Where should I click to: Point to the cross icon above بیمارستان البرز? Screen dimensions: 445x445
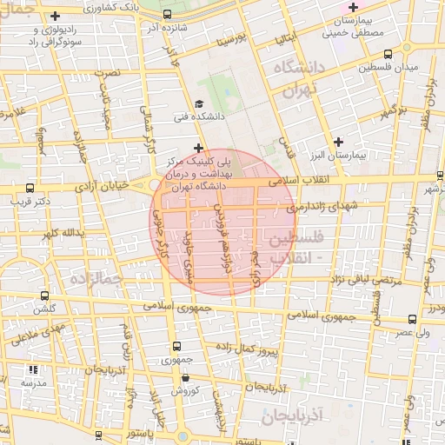[x=338, y=141]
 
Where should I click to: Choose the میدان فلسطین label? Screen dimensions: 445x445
[x=391, y=68]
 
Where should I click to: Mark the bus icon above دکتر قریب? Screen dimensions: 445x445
[x=30, y=188]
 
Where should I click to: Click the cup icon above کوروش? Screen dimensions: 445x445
[x=187, y=378]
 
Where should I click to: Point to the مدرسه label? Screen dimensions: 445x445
[x=33, y=382]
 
